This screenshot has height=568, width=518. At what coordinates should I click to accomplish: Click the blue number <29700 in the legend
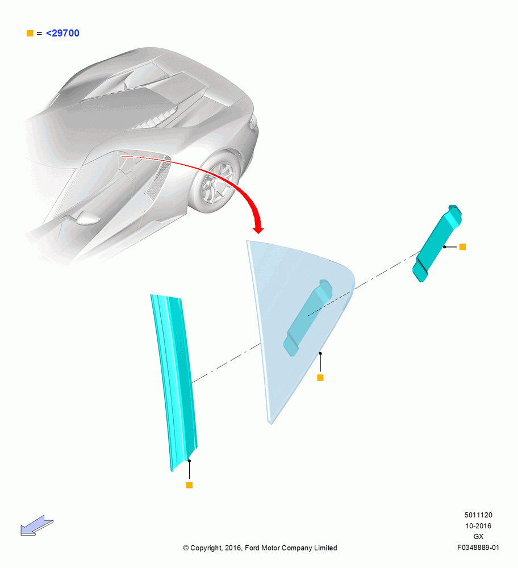[x=62, y=34]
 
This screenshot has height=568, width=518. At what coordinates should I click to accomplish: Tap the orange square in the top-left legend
[x=30, y=34]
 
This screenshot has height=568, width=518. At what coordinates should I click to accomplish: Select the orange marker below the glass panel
[x=320, y=378]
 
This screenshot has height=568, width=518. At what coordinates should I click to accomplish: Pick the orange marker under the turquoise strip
[x=189, y=485]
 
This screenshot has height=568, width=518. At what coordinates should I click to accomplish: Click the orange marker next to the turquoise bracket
[x=462, y=247]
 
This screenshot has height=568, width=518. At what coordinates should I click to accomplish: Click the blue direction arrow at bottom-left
[x=36, y=525]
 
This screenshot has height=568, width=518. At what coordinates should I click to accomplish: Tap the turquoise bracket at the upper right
[x=437, y=244]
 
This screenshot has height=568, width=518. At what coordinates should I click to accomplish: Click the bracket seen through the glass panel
[x=308, y=318]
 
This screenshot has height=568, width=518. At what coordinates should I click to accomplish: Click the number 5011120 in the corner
[x=478, y=515]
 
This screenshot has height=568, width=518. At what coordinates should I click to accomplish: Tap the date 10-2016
[x=478, y=525]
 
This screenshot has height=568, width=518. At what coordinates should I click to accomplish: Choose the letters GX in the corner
[x=478, y=537]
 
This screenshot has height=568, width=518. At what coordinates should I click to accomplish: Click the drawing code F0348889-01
[x=478, y=548]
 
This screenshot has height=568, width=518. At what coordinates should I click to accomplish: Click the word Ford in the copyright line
[x=252, y=548]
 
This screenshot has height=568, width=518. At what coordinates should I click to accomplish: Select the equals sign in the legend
[x=40, y=34]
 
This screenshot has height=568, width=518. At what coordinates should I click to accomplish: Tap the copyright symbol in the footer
[x=186, y=548]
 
